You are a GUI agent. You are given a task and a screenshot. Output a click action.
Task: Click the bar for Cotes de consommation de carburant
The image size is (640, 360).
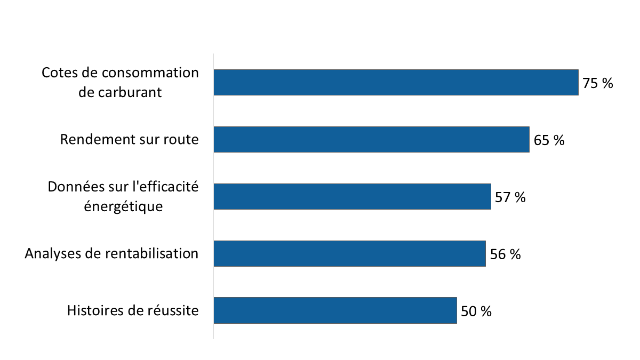[x=396, y=83]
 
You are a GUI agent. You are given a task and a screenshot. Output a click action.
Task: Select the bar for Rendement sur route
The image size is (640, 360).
[x=371, y=140]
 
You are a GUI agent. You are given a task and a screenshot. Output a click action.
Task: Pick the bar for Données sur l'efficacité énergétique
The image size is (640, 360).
[x=352, y=197]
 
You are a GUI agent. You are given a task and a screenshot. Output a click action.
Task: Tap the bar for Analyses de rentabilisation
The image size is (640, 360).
[x=349, y=253]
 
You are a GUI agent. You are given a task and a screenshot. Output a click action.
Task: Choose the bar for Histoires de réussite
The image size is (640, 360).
[x=335, y=310]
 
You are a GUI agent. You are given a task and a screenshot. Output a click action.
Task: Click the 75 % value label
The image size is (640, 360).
[x=598, y=83]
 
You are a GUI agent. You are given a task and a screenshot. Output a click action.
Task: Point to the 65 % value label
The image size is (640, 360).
[x=549, y=140]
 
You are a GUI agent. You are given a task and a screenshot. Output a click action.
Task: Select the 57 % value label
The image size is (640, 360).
[x=510, y=197]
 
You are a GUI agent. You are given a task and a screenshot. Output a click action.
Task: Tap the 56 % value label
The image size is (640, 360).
[x=505, y=254]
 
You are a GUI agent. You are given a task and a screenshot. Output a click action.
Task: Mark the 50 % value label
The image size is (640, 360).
[x=476, y=311]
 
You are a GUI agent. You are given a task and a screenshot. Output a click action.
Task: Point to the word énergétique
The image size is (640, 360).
[x=123, y=206]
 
